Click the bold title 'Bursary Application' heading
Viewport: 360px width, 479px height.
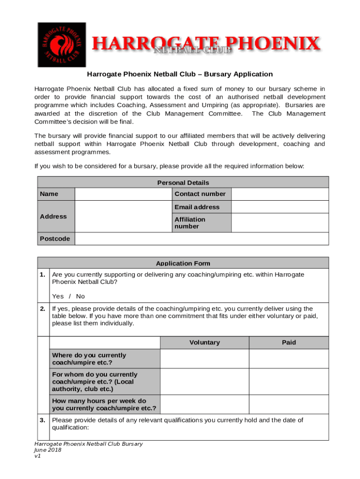click(x=180, y=74)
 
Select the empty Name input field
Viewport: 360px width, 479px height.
click(x=123, y=194)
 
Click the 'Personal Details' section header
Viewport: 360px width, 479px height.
click(x=183, y=182)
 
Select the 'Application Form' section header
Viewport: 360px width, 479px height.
click(x=183, y=263)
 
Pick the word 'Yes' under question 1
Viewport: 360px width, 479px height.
click(x=58, y=296)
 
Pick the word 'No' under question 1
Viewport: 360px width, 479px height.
click(x=80, y=296)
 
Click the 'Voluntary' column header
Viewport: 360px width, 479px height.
click(x=204, y=342)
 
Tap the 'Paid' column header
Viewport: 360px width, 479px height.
click(x=288, y=342)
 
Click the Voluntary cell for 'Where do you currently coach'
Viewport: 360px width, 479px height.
click(x=204, y=359)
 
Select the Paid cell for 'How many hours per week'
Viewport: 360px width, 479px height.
click(x=288, y=405)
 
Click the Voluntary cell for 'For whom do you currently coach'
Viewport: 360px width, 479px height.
click(x=204, y=382)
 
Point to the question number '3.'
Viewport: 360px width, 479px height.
click(x=43, y=420)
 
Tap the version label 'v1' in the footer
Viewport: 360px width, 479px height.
click(x=38, y=456)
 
